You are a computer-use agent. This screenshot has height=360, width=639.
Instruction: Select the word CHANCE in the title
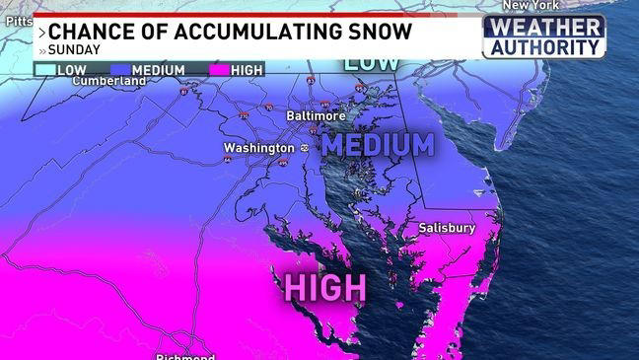[x=96, y=31]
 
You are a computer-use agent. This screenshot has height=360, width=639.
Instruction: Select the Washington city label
[x=258, y=148]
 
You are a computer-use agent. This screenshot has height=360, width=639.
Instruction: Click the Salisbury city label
[x=447, y=228]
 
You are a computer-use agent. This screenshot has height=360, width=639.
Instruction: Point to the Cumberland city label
[x=108, y=80]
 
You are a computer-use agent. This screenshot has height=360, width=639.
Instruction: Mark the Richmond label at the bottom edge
[x=185, y=355]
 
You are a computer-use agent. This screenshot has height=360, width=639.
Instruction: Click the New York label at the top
[x=531, y=5]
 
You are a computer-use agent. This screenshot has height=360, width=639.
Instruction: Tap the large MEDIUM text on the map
[x=378, y=145]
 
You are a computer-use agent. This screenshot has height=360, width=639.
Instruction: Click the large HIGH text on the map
[x=325, y=287]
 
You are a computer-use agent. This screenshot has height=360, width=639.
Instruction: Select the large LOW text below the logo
[x=372, y=63]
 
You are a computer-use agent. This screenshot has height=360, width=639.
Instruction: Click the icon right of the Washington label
[x=304, y=148]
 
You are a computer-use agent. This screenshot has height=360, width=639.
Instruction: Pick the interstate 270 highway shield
[x=245, y=114]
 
